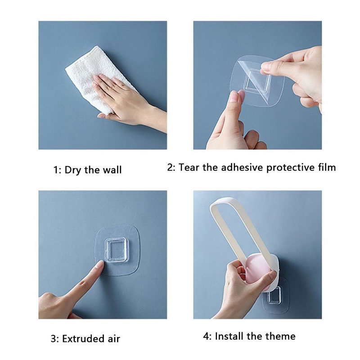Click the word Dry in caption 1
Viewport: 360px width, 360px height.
coord(73,170)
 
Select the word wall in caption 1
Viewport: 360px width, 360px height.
coord(112,170)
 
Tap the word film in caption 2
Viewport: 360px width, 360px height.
coord(327,167)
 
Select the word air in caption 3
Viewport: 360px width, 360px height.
coord(114,339)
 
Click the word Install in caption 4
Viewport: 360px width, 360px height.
coord(229,336)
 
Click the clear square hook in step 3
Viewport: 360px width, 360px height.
coord(116,250)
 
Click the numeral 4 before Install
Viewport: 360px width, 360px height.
coord(206,336)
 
